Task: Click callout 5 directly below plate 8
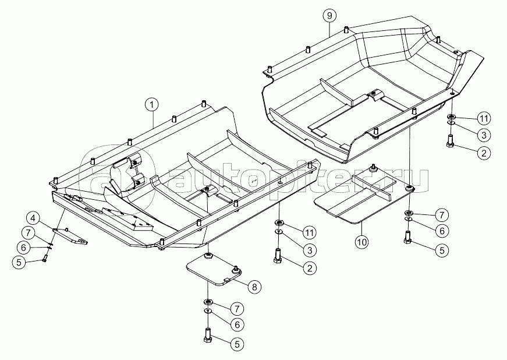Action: tap(237, 344)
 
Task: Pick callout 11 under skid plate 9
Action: tap(483, 118)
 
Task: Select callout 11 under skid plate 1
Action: tap(309, 232)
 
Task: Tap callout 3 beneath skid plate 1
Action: tap(309, 250)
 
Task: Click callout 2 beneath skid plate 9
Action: tap(483, 153)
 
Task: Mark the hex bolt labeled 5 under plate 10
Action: tap(407, 239)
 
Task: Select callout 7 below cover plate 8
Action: tap(237, 308)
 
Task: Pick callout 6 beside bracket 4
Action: tap(23, 247)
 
